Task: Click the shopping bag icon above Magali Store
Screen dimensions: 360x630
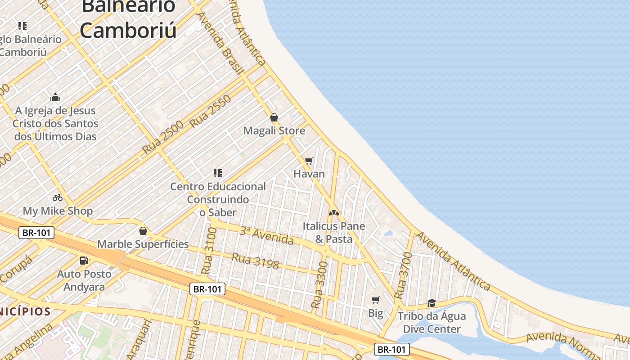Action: click(274, 118)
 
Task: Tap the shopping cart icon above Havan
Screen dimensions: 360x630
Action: click(309, 161)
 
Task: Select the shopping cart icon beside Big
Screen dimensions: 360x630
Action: click(375, 300)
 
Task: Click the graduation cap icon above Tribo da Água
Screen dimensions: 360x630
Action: click(432, 303)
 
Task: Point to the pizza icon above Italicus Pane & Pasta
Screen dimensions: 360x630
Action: click(333, 212)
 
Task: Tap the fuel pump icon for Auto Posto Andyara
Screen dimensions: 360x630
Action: click(84, 261)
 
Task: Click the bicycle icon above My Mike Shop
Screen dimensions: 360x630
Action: click(58, 197)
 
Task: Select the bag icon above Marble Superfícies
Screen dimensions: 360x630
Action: click(143, 231)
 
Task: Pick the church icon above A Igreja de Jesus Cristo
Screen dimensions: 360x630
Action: click(55, 97)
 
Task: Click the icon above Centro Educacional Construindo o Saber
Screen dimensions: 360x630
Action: click(218, 173)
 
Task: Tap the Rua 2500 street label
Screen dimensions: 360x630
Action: click(163, 137)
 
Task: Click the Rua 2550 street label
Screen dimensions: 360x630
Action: click(210, 111)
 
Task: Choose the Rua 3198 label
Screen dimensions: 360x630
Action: click(255, 261)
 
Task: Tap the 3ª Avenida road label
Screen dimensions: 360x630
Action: click(266, 236)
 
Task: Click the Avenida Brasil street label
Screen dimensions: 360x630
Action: click(220, 43)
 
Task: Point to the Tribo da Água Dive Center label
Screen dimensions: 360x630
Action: click(432, 323)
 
